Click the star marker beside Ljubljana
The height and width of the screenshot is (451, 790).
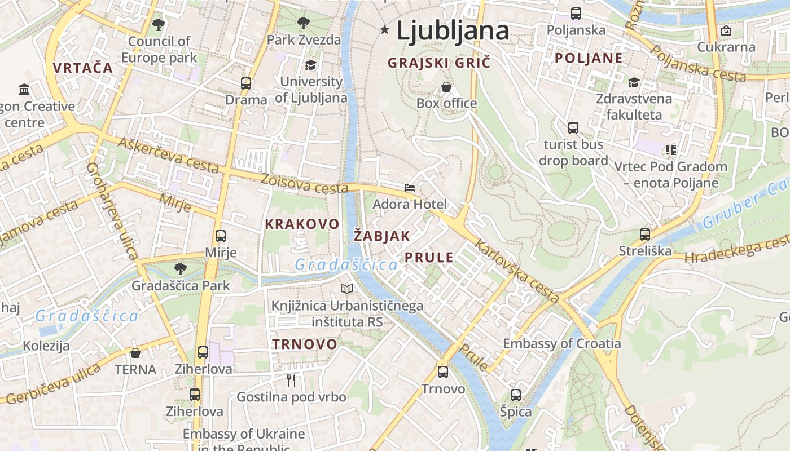coord(385,29)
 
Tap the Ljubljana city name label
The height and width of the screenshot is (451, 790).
coord(453,30)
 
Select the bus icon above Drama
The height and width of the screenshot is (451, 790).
coord(245,83)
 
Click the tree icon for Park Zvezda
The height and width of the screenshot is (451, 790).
coord(303,23)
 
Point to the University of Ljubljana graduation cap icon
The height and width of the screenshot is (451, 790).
coord(310,65)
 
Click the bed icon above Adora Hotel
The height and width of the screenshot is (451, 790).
coord(410,188)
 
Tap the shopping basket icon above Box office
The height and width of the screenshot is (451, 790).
coord(446,87)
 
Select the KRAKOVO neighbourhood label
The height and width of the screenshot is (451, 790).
coord(302,224)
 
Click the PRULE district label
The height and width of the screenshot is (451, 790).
coord(429,258)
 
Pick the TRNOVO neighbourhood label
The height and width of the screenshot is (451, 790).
coord(305,344)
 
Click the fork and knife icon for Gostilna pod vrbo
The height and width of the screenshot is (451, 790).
coord(291,381)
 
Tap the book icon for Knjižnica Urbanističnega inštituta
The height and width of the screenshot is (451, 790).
coord(347,289)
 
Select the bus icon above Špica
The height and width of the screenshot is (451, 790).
coord(516,395)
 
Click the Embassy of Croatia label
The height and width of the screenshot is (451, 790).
coord(561,343)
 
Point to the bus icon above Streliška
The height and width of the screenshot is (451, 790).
coord(645,234)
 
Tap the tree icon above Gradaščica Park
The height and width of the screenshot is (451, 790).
coord(181,269)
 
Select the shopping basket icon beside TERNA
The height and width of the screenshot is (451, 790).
coord(135,353)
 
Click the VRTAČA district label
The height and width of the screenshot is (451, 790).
coord(83,68)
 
